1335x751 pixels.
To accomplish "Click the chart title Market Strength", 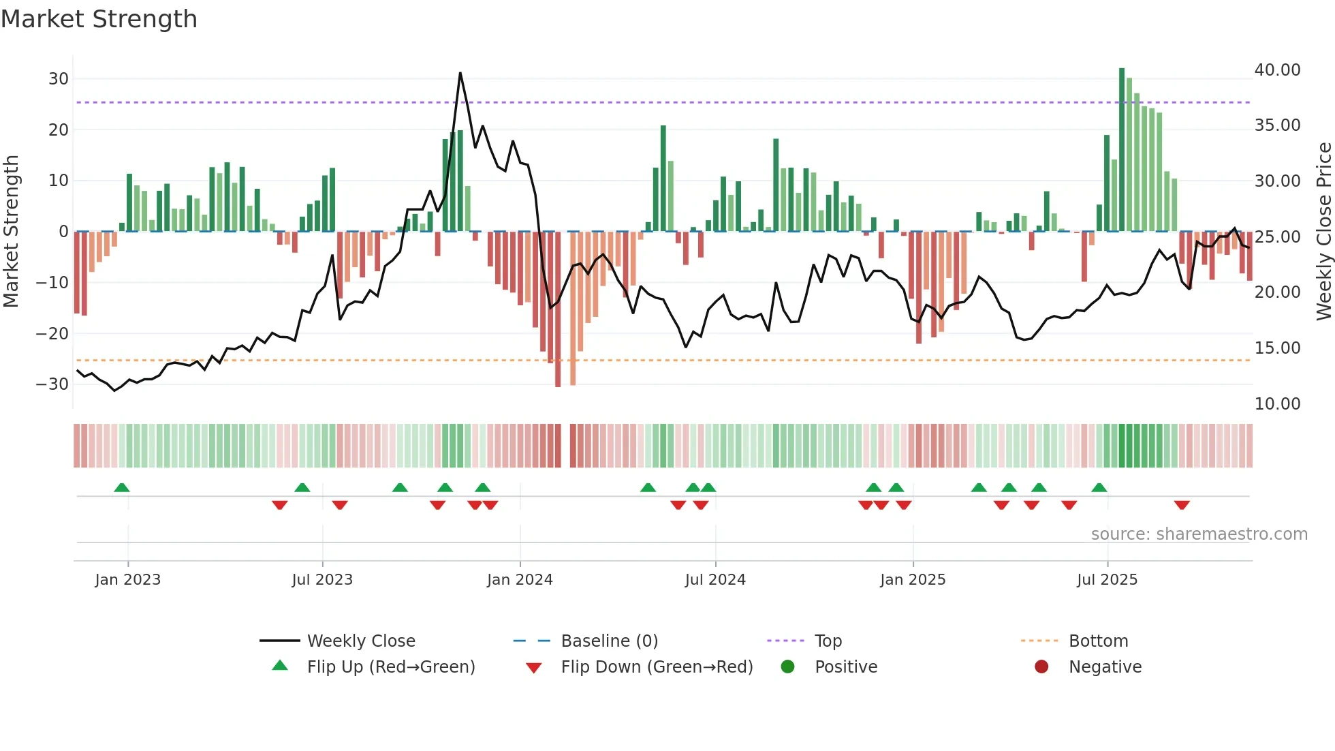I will (x=99, y=19).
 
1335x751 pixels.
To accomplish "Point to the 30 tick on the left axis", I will (x=59, y=78).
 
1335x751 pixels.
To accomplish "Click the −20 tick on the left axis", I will (x=52, y=333).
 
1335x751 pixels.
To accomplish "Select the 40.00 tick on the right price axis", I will (x=1277, y=70).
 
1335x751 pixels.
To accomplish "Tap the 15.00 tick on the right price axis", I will (x=1277, y=348).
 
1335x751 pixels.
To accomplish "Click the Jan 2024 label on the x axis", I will (x=520, y=579).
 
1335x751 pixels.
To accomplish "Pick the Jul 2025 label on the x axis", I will (x=1107, y=579).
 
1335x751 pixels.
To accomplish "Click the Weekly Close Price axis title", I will (x=1323, y=232).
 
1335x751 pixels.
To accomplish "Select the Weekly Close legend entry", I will (x=360, y=641).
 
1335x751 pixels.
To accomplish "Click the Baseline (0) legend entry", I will (x=609, y=641).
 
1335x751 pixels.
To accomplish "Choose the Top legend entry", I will (x=828, y=641).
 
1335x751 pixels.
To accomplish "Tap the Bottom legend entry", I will (x=1098, y=641).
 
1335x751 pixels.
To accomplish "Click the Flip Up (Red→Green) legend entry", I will (x=390, y=666).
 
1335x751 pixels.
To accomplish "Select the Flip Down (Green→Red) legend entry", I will (x=657, y=666).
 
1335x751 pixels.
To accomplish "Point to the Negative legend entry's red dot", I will (x=1041, y=666).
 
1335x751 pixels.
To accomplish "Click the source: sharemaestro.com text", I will (x=1199, y=534).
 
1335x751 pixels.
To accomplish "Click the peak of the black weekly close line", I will (x=460, y=73).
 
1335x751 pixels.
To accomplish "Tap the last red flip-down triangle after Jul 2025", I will (x=1182, y=505).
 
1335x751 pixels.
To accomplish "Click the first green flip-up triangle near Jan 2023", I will (x=122, y=487).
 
